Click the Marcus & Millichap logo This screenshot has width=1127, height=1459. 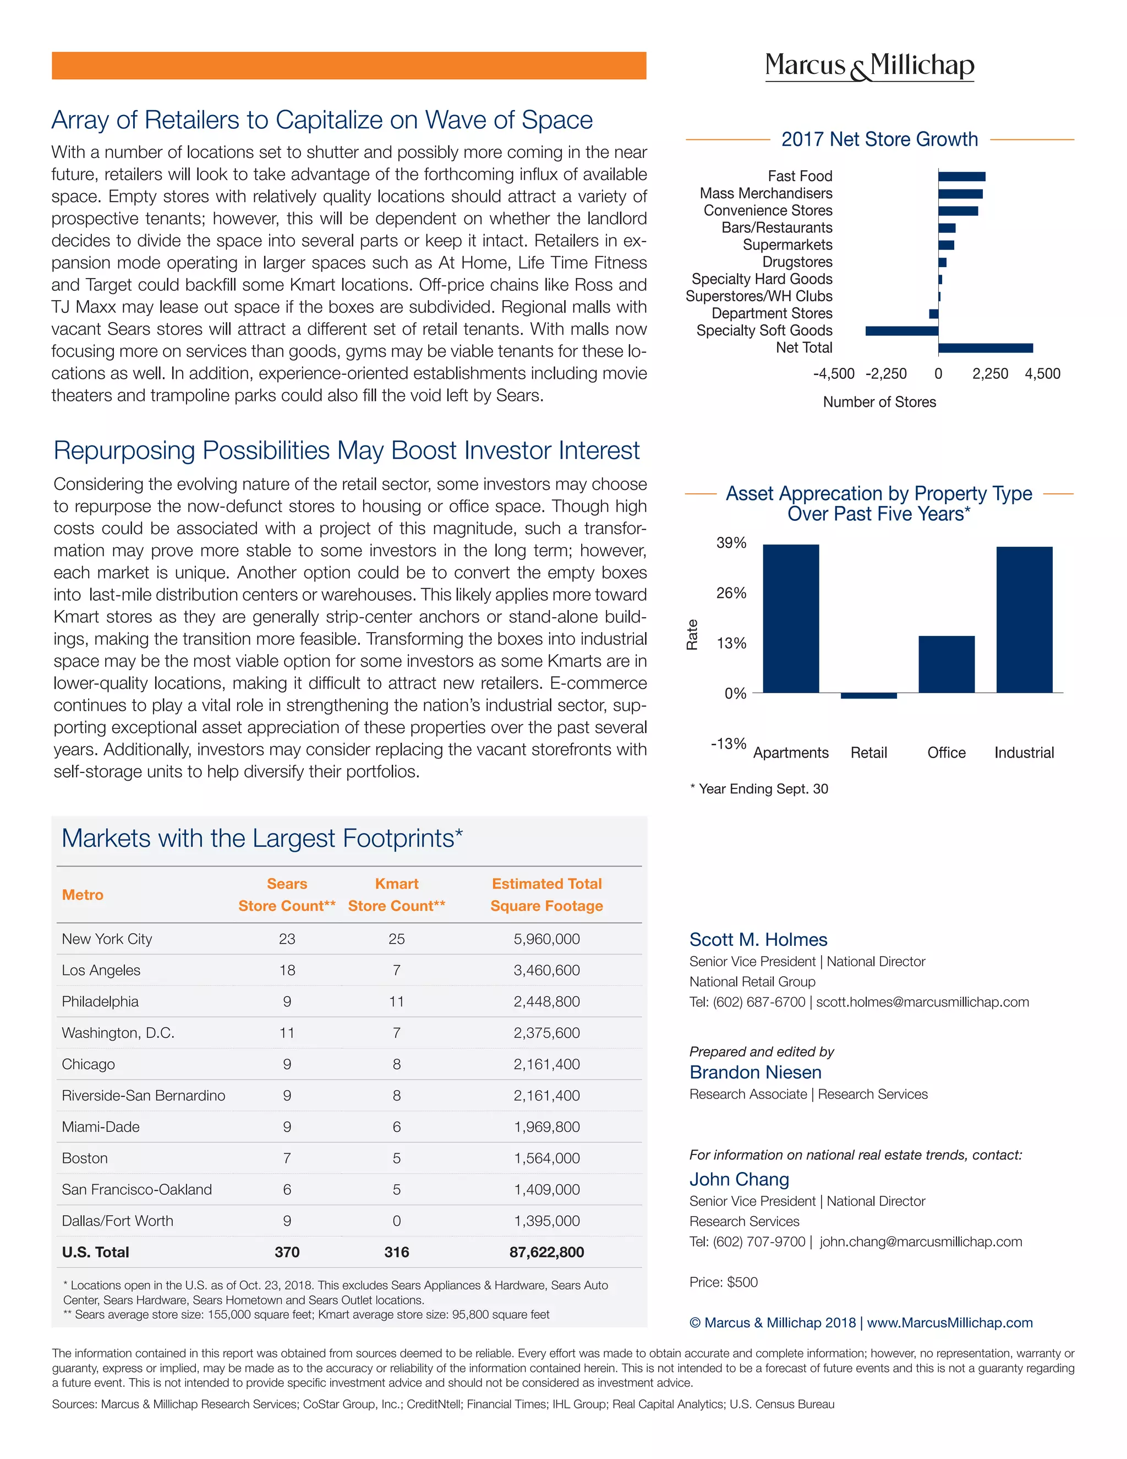point(869,66)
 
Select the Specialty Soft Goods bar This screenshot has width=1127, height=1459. point(901,331)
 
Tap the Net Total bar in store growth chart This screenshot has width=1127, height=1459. point(985,348)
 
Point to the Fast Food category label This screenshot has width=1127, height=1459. point(800,176)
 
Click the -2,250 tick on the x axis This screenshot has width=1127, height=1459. point(886,374)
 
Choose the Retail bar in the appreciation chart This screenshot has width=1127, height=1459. point(868,695)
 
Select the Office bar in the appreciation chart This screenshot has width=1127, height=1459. point(946,664)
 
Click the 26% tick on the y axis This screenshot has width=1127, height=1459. point(731,593)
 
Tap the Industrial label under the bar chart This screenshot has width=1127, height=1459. point(1024,753)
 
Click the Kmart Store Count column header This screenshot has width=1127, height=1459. point(397,895)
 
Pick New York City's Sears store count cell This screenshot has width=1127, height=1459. point(287,939)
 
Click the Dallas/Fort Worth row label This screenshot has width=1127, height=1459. point(118,1221)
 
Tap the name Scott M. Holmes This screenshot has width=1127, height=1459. point(758,940)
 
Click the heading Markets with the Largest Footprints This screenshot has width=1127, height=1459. point(262,839)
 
